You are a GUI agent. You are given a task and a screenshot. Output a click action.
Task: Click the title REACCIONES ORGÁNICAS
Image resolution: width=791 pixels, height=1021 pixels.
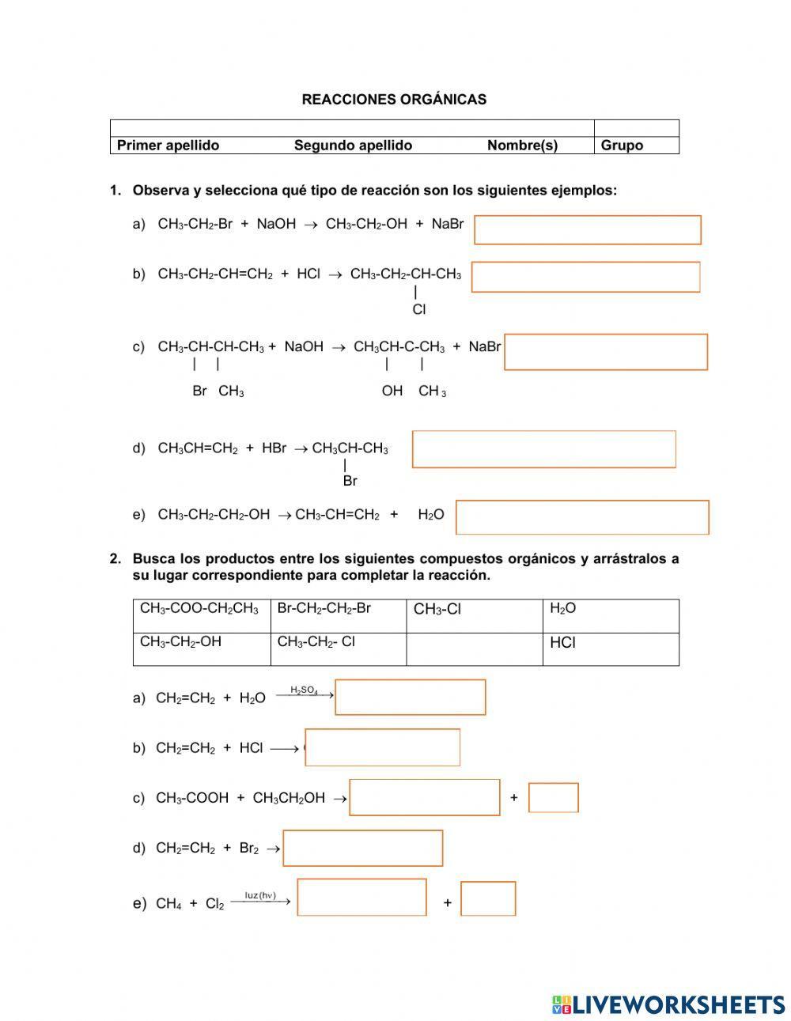(x=394, y=100)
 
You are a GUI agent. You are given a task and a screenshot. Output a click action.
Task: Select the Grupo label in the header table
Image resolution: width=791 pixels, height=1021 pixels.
(x=622, y=146)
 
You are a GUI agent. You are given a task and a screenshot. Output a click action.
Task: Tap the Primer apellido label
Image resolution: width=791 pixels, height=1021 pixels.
(x=168, y=146)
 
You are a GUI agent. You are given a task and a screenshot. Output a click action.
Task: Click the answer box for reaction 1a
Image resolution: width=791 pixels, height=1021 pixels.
(x=587, y=230)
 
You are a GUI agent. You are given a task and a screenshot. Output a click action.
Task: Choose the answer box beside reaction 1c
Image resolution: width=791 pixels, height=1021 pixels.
(x=606, y=352)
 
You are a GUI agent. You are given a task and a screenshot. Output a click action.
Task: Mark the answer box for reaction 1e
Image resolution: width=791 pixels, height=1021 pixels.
(x=582, y=517)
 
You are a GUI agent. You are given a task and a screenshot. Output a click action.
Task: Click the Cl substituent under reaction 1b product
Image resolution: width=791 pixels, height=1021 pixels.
(x=419, y=310)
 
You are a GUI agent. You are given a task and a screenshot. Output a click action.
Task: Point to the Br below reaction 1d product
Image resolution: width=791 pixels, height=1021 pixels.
(x=350, y=481)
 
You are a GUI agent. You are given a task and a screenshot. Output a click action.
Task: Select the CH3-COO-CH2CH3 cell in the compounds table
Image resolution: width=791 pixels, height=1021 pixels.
(x=199, y=609)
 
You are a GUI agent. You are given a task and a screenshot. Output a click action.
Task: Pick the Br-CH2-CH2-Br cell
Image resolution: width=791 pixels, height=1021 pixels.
(x=324, y=609)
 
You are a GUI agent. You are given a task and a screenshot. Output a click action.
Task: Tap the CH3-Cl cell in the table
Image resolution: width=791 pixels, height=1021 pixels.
(x=437, y=610)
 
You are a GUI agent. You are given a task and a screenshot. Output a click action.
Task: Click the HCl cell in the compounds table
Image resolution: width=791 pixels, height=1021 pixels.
(x=562, y=643)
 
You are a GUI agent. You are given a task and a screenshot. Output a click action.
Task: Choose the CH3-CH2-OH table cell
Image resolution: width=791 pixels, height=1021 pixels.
(x=180, y=642)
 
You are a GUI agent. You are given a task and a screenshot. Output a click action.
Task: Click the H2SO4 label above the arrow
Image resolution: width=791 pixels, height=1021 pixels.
(x=304, y=690)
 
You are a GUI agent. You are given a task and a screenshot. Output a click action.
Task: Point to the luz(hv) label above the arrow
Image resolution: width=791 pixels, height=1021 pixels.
(x=260, y=895)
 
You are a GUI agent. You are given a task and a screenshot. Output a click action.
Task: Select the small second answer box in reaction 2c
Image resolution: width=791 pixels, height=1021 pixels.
(x=554, y=797)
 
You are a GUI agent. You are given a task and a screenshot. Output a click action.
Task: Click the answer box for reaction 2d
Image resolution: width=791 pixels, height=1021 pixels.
(x=363, y=848)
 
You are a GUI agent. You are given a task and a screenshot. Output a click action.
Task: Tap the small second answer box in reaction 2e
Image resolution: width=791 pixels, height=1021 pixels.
(x=488, y=898)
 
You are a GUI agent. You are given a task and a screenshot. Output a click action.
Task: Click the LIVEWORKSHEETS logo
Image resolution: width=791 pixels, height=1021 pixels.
(x=668, y=1004)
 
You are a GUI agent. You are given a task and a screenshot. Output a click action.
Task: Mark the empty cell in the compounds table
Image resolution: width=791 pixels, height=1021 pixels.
(x=475, y=649)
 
